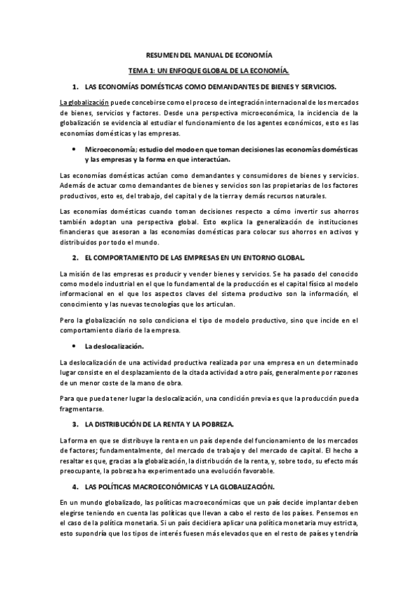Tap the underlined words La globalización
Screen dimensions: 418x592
click(86, 103)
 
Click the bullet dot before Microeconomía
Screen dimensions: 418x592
click(73, 149)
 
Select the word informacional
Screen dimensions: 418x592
click(82, 293)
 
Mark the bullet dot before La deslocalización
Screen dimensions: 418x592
click(73, 346)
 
